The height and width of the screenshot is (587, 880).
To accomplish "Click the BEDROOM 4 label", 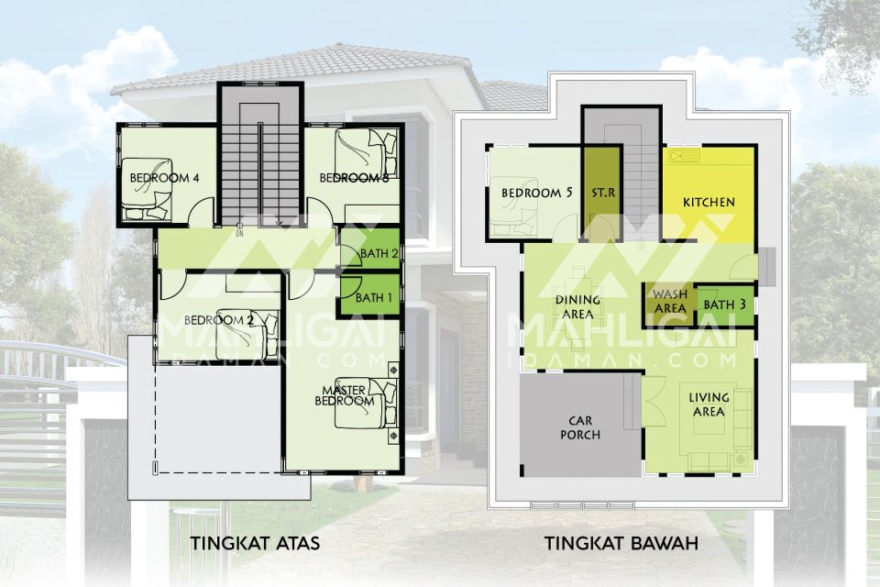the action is pyautogui.click(x=164, y=178).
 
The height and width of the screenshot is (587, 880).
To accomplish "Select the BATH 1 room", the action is pyautogui.click(x=370, y=295).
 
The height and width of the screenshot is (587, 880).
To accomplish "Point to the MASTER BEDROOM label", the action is pyautogui.click(x=344, y=395).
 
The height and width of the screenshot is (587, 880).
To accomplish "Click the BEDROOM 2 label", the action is pyautogui.click(x=219, y=320).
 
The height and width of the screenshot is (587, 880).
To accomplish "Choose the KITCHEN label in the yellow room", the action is pyautogui.click(x=709, y=202).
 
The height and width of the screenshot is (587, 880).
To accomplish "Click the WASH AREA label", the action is pyautogui.click(x=670, y=301).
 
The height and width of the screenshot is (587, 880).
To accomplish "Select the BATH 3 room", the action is pyautogui.click(x=724, y=305).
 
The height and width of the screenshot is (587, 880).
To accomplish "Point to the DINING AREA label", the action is pyautogui.click(x=577, y=307).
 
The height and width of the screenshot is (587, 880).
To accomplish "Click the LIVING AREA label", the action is pyautogui.click(x=709, y=404).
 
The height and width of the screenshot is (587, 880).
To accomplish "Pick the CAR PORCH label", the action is pyautogui.click(x=580, y=427).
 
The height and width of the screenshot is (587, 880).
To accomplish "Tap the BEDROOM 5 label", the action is pyautogui.click(x=536, y=193).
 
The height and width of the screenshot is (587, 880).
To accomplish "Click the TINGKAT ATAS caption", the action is pyautogui.click(x=256, y=543).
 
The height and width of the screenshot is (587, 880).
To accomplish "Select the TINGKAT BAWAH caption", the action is pyautogui.click(x=621, y=543).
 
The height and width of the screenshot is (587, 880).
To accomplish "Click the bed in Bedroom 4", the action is pyautogui.click(x=148, y=189).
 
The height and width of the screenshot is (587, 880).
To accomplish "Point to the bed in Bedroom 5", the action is pyautogui.click(x=514, y=206).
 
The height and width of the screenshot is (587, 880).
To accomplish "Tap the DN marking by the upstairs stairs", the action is pyautogui.click(x=239, y=234).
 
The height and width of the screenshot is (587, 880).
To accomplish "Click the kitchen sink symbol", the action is pyautogui.click(x=683, y=156).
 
